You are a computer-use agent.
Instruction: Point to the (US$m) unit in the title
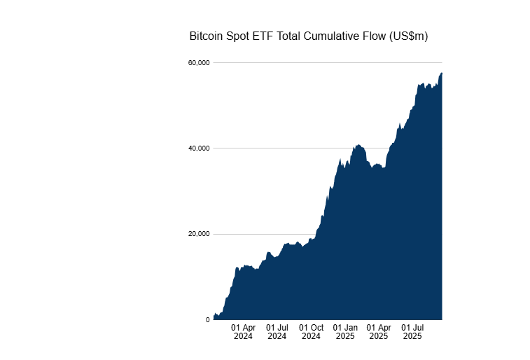[x=408, y=36]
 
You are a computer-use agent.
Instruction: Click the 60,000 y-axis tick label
[x=200, y=63]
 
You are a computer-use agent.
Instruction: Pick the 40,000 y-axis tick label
[x=200, y=148]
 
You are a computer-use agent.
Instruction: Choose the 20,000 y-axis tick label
[x=200, y=234]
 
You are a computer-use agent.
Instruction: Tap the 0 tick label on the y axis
[x=207, y=320]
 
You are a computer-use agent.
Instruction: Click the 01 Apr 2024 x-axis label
[x=243, y=331]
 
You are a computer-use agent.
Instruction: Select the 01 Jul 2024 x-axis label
[x=277, y=331]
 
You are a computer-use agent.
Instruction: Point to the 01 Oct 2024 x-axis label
[x=312, y=331]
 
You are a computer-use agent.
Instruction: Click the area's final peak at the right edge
[x=442, y=74]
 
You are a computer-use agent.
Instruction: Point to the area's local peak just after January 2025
[x=358, y=146]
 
